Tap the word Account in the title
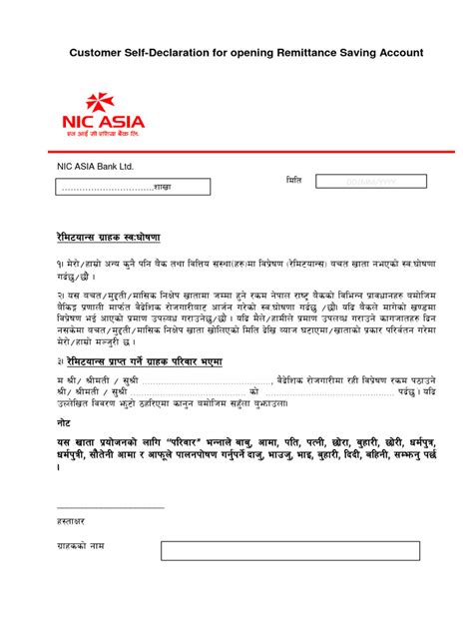point(396,52)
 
